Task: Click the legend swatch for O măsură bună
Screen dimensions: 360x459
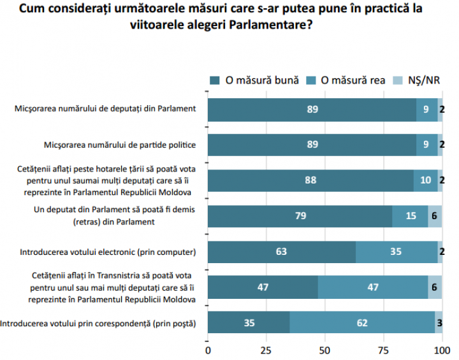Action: click(214, 80)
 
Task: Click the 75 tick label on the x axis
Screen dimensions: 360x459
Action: click(384, 350)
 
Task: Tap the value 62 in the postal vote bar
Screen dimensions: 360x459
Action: click(361, 323)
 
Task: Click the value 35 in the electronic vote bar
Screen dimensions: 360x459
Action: click(396, 252)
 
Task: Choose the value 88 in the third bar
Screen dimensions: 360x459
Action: click(310, 180)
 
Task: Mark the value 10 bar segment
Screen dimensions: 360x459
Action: click(425, 180)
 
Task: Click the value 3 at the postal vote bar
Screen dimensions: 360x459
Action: click(439, 323)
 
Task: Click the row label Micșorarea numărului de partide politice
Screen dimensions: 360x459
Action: click(120, 145)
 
